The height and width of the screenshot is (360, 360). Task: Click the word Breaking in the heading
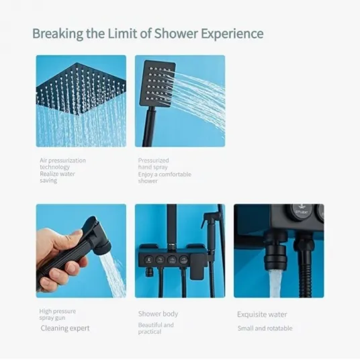(x=58, y=34)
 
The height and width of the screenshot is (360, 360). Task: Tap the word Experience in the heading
(x=232, y=34)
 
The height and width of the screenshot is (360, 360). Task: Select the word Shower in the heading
(x=176, y=34)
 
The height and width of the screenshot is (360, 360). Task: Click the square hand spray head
(x=157, y=83)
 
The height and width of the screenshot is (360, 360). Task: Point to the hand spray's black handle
(x=148, y=126)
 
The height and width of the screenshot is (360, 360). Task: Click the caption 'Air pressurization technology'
(x=62, y=163)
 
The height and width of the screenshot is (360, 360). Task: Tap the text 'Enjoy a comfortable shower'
(x=165, y=177)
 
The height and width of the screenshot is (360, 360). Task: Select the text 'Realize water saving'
(x=57, y=177)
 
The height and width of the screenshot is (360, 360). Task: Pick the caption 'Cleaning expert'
(x=65, y=328)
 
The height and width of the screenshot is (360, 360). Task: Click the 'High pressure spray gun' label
(x=57, y=314)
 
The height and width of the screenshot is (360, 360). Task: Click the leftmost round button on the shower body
(x=148, y=260)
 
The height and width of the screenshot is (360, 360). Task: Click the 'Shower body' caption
(x=158, y=314)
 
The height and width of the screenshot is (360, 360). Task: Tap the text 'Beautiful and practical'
(x=156, y=328)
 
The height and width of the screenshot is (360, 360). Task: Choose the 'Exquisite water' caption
(x=262, y=314)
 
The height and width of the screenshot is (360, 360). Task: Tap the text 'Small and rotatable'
(x=265, y=328)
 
